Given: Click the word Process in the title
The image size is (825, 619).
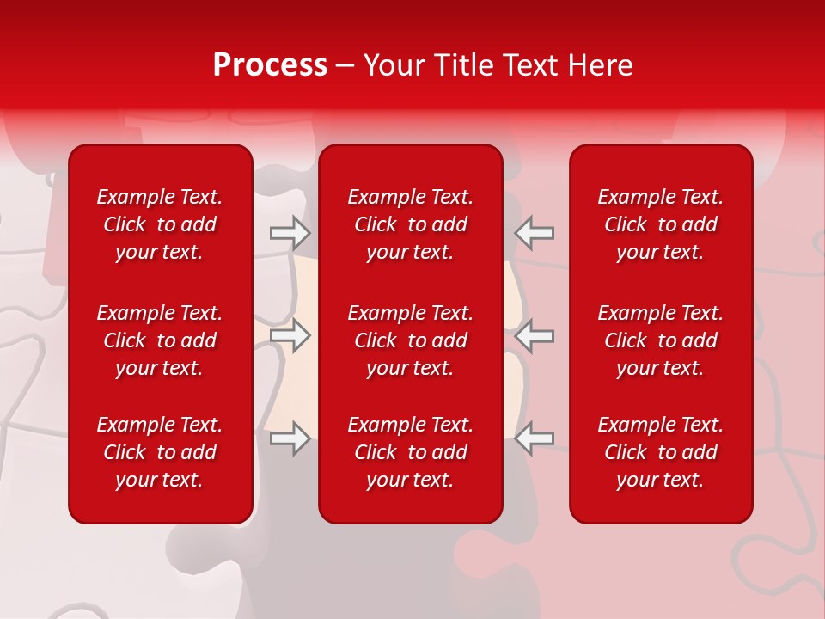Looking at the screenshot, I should point(270,65).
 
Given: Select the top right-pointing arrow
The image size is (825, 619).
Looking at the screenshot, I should point(290,232).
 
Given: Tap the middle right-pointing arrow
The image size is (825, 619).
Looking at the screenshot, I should point(290,335).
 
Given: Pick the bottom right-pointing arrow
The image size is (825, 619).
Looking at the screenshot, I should point(290,438).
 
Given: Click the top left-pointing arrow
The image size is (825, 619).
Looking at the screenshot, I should point(535,232).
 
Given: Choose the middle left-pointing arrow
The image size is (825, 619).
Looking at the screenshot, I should point(535,335).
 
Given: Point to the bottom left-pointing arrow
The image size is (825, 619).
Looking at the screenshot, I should point(535,438).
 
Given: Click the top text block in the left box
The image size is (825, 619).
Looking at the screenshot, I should point(160,224).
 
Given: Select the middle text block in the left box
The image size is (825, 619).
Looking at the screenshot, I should point(160,340).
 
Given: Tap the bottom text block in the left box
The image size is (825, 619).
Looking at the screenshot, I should point(160,452).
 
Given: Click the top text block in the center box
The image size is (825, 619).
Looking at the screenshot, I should point(410,224).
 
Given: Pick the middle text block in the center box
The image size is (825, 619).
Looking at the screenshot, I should point(410,340).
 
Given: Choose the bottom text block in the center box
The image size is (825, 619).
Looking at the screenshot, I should point(410,452).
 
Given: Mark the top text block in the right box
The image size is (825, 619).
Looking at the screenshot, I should point(660,224).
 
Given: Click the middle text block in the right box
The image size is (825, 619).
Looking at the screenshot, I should point(660,340).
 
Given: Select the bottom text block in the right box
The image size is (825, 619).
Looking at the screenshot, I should point(660,452).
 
